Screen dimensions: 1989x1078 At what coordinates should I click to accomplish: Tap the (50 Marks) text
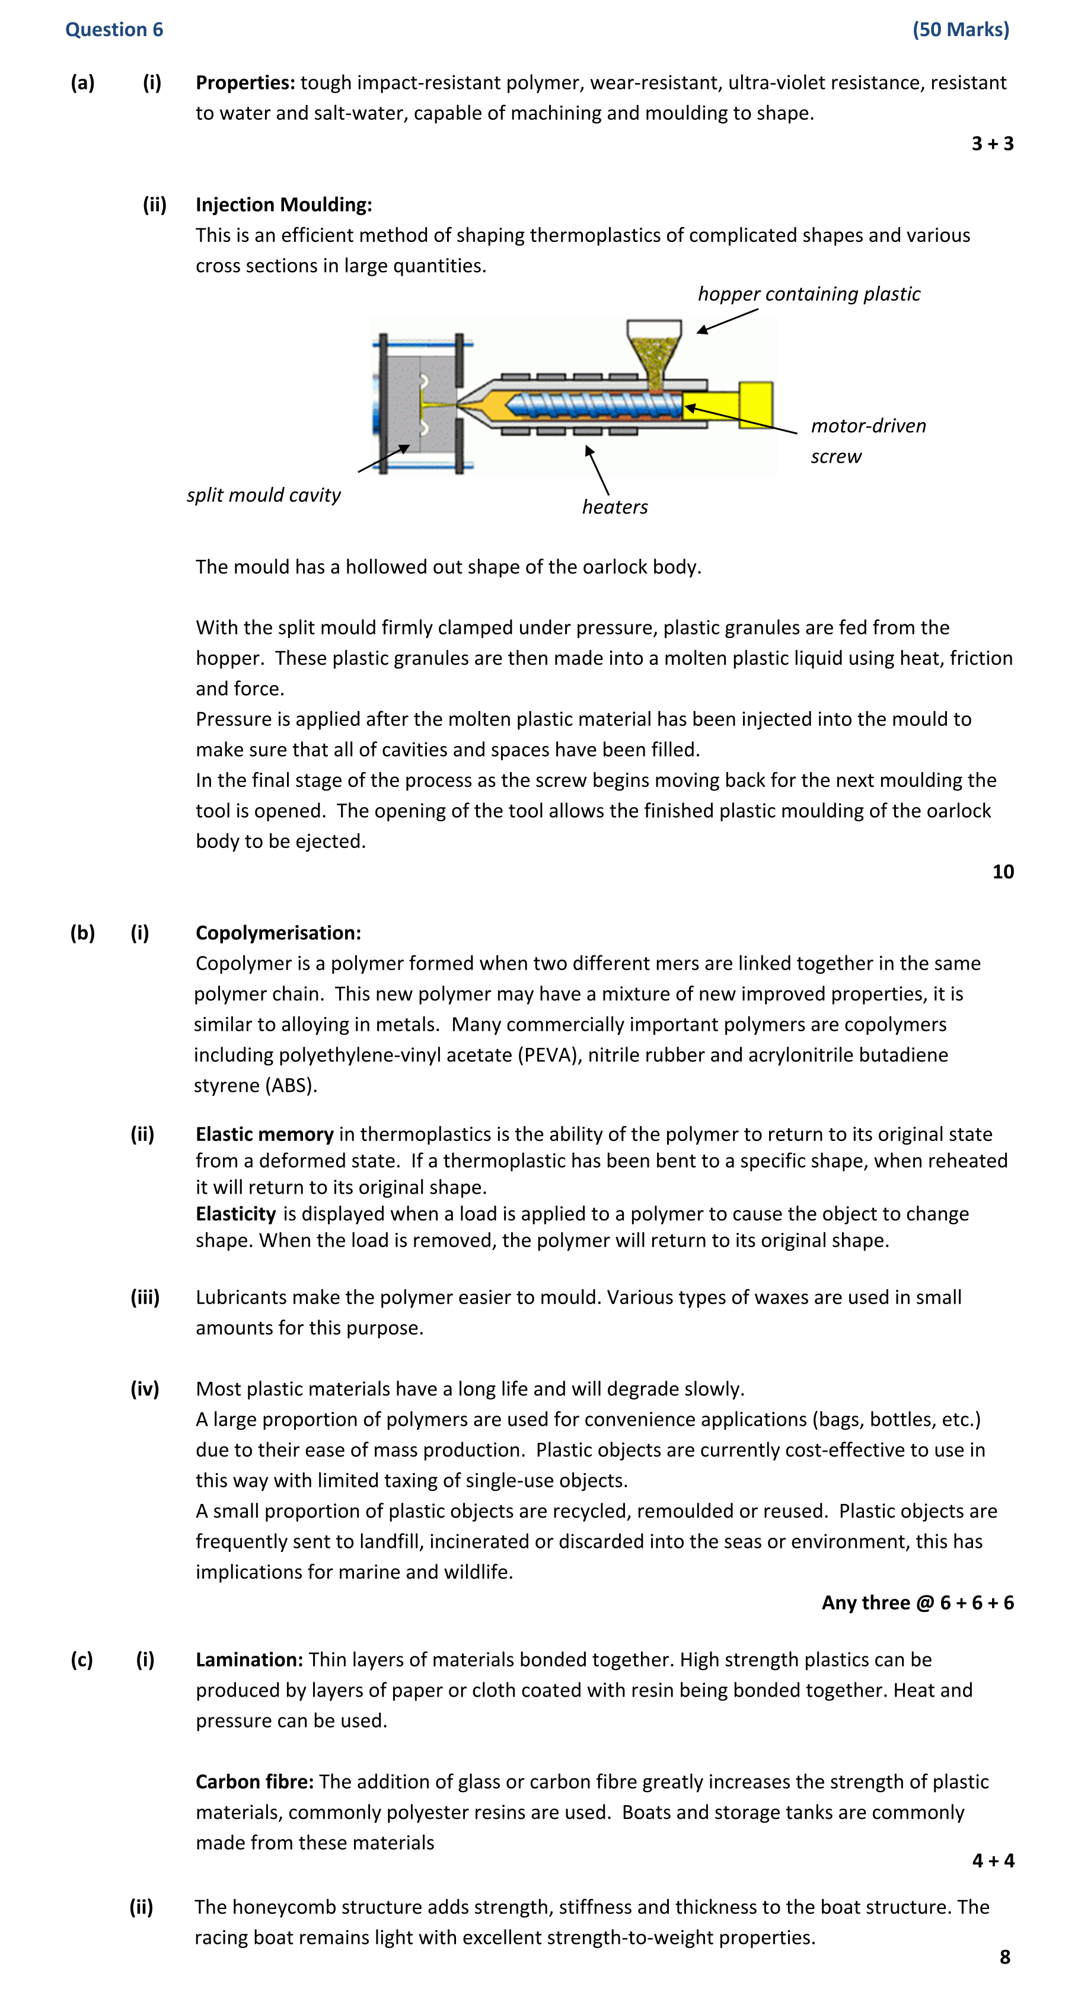click(x=960, y=29)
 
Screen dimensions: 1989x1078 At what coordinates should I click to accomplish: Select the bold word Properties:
click(x=245, y=82)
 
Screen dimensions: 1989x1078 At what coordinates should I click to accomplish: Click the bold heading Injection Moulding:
click(x=283, y=205)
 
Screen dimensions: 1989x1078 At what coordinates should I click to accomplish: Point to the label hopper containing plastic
click(x=809, y=294)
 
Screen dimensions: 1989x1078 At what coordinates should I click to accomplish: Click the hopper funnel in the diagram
click(x=654, y=348)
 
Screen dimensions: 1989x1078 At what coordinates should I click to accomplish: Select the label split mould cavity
click(x=263, y=495)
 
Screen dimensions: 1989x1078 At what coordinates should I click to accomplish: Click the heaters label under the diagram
click(x=615, y=507)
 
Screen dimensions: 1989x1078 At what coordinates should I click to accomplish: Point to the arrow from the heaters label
click(x=597, y=470)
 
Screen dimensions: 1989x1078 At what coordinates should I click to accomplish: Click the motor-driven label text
click(x=868, y=426)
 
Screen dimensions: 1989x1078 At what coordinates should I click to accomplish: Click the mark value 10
click(x=1002, y=872)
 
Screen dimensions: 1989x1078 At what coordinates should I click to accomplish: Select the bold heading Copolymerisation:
click(x=278, y=933)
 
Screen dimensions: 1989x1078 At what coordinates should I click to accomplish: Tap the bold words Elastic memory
click(x=264, y=1134)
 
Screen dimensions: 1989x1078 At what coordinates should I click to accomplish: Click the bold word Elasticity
click(x=235, y=1214)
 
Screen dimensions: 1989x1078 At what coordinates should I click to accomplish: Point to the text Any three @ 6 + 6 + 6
click(x=917, y=1603)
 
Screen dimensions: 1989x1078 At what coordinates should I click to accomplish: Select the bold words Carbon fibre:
click(x=254, y=1782)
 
